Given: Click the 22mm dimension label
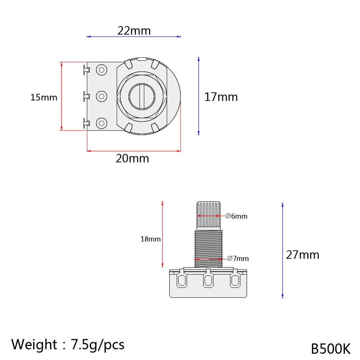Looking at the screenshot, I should tap(134, 31).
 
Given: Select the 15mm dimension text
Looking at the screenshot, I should tap(43, 97).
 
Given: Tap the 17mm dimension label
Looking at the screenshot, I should tap(221, 97).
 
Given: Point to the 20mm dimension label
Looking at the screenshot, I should tap(132, 158).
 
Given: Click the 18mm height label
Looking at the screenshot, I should tap(150, 239).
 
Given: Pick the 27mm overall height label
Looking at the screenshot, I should tap(303, 255).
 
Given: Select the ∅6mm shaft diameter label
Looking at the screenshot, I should tap(236, 216).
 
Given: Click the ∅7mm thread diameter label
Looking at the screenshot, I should tap(238, 258).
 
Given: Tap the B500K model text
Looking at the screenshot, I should tap(331, 348).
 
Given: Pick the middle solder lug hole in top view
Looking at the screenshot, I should tap(102, 96).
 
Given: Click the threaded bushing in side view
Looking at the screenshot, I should tap(208, 248).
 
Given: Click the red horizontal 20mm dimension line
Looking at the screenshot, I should tap(133, 151).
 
